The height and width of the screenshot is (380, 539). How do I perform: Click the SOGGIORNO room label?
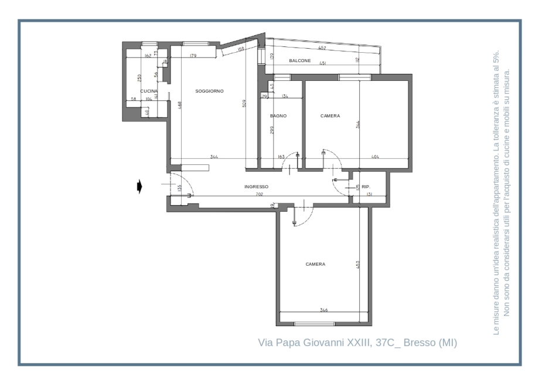tap(209, 91)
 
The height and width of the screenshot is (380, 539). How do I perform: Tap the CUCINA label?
tap(149, 91)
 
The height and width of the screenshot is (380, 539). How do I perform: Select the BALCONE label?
tap(299, 61)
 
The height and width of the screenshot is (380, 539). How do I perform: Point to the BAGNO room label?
tap(278, 116)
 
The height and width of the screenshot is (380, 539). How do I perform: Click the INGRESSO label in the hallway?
tap(256, 187)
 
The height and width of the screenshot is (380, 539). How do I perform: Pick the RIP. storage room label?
tap(366, 186)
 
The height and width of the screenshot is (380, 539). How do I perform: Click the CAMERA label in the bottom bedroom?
tap(315, 264)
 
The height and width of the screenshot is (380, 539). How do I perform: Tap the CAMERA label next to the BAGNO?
tap(330, 116)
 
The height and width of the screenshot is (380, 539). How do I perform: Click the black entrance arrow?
tap(139, 186)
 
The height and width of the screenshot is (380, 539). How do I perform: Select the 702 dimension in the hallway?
tap(259, 194)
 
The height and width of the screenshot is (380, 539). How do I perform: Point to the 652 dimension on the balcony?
tap(322, 48)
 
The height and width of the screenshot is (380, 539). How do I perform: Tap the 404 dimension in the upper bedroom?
tap(375, 157)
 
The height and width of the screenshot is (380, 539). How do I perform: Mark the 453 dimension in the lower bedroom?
tap(357, 265)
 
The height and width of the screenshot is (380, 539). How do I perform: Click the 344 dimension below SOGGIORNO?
tap(214, 157)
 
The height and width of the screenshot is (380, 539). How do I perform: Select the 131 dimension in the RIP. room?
tap(369, 194)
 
